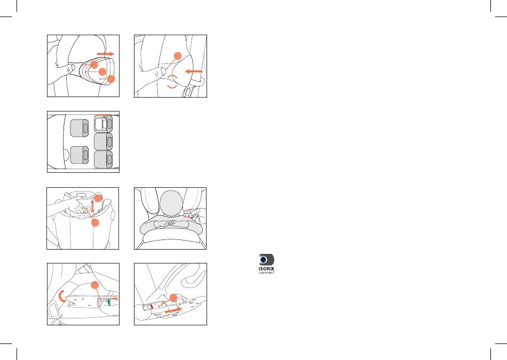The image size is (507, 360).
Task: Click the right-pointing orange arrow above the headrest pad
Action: [x=106, y=54]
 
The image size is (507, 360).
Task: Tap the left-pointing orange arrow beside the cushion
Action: [x=193, y=71]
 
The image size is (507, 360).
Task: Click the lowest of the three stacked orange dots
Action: [x=111, y=79]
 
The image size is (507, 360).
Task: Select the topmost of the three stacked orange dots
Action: [x=94, y=65]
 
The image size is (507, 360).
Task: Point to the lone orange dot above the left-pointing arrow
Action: [x=178, y=56]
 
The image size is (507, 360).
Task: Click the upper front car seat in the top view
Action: [x=80, y=128]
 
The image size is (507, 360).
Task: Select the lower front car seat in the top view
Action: [x=80, y=155]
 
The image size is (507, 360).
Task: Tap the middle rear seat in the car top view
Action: [x=103, y=141]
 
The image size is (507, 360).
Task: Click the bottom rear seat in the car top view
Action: [x=103, y=159]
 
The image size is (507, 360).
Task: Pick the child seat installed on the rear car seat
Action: [x=104, y=123]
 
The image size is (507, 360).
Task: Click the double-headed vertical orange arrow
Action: [x=92, y=206]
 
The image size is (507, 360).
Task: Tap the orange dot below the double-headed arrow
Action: [x=95, y=222]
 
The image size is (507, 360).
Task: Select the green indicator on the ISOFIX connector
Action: [x=109, y=302]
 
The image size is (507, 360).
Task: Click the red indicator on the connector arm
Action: [x=152, y=306]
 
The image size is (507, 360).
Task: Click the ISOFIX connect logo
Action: [x=266, y=263]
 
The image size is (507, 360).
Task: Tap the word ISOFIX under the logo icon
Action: [x=266, y=268]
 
